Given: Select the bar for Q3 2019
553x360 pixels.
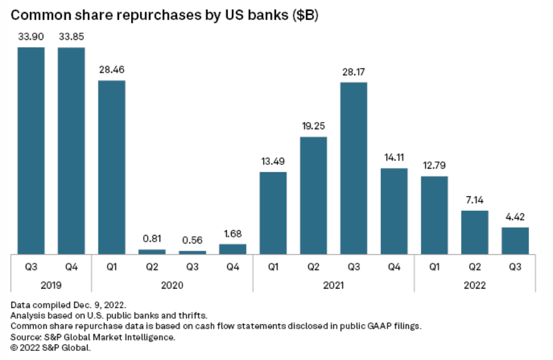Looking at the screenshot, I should (31, 150).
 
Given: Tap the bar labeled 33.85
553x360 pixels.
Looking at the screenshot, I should (71, 150).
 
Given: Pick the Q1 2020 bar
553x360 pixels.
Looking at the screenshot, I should (112, 167).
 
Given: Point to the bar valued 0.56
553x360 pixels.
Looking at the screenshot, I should (192, 252).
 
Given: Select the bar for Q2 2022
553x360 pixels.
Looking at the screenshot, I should (475, 232).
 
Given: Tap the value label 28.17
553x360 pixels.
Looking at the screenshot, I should (354, 72).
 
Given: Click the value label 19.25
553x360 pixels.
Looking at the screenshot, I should (313, 127).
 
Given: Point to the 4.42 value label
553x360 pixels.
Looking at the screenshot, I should (515, 217).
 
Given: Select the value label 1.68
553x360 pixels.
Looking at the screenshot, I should (232, 234).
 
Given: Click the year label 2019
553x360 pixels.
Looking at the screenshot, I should (51, 284).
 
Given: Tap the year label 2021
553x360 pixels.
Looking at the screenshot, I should (333, 284).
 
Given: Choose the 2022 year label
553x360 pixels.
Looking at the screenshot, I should (475, 284).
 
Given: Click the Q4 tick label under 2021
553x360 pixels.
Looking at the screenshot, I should (394, 266).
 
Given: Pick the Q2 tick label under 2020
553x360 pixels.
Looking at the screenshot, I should (152, 266).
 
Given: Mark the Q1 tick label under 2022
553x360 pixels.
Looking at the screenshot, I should (434, 266).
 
